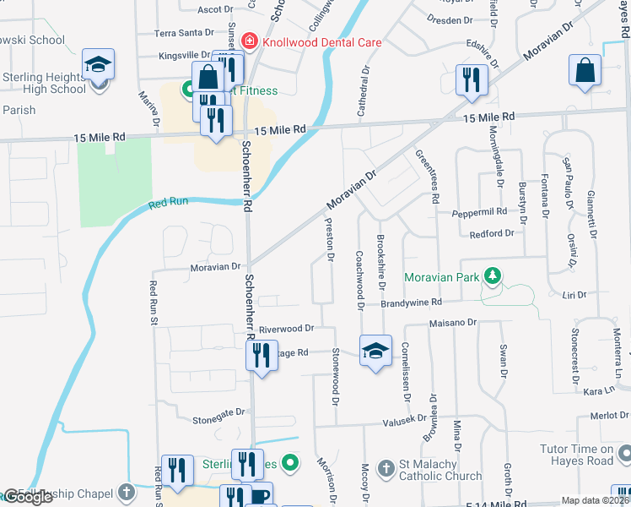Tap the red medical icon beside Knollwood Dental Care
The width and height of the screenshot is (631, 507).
click(249, 41)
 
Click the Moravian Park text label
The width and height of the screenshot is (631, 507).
click(440, 277)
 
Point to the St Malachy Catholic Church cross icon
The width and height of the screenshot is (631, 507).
click(386, 467)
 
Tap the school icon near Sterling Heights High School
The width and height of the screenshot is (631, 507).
click(98, 64)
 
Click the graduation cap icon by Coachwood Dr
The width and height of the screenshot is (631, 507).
click(375, 352)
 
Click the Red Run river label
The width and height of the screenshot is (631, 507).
click(166, 203)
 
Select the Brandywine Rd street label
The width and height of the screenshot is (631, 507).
click(411, 303)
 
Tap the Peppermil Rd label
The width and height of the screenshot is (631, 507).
click(477, 212)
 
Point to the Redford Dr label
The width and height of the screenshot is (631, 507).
click(492, 233)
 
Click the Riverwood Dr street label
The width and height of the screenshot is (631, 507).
click(286, 328)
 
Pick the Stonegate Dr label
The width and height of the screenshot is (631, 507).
click(218, 412)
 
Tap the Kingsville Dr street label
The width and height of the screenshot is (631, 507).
click(185, 55)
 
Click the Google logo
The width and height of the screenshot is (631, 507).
click(28, 497)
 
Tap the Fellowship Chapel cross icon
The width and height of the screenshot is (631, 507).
click(126, 491)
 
